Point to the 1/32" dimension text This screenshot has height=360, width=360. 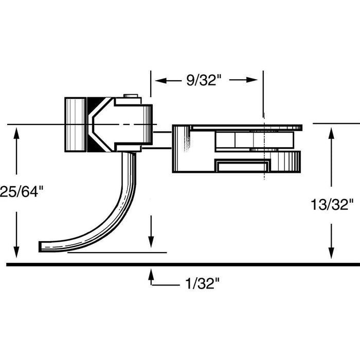(203, 282)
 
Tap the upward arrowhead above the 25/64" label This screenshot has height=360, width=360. (17, 133)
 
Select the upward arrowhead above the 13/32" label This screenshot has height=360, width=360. (331, 133)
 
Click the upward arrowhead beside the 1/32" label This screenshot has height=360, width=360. (151, 274)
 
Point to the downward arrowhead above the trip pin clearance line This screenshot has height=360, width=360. (151, 242)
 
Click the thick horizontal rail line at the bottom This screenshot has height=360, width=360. (180, 264)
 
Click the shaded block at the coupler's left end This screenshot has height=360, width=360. (75, 124)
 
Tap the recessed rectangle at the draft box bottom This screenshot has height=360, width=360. (242, 166)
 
